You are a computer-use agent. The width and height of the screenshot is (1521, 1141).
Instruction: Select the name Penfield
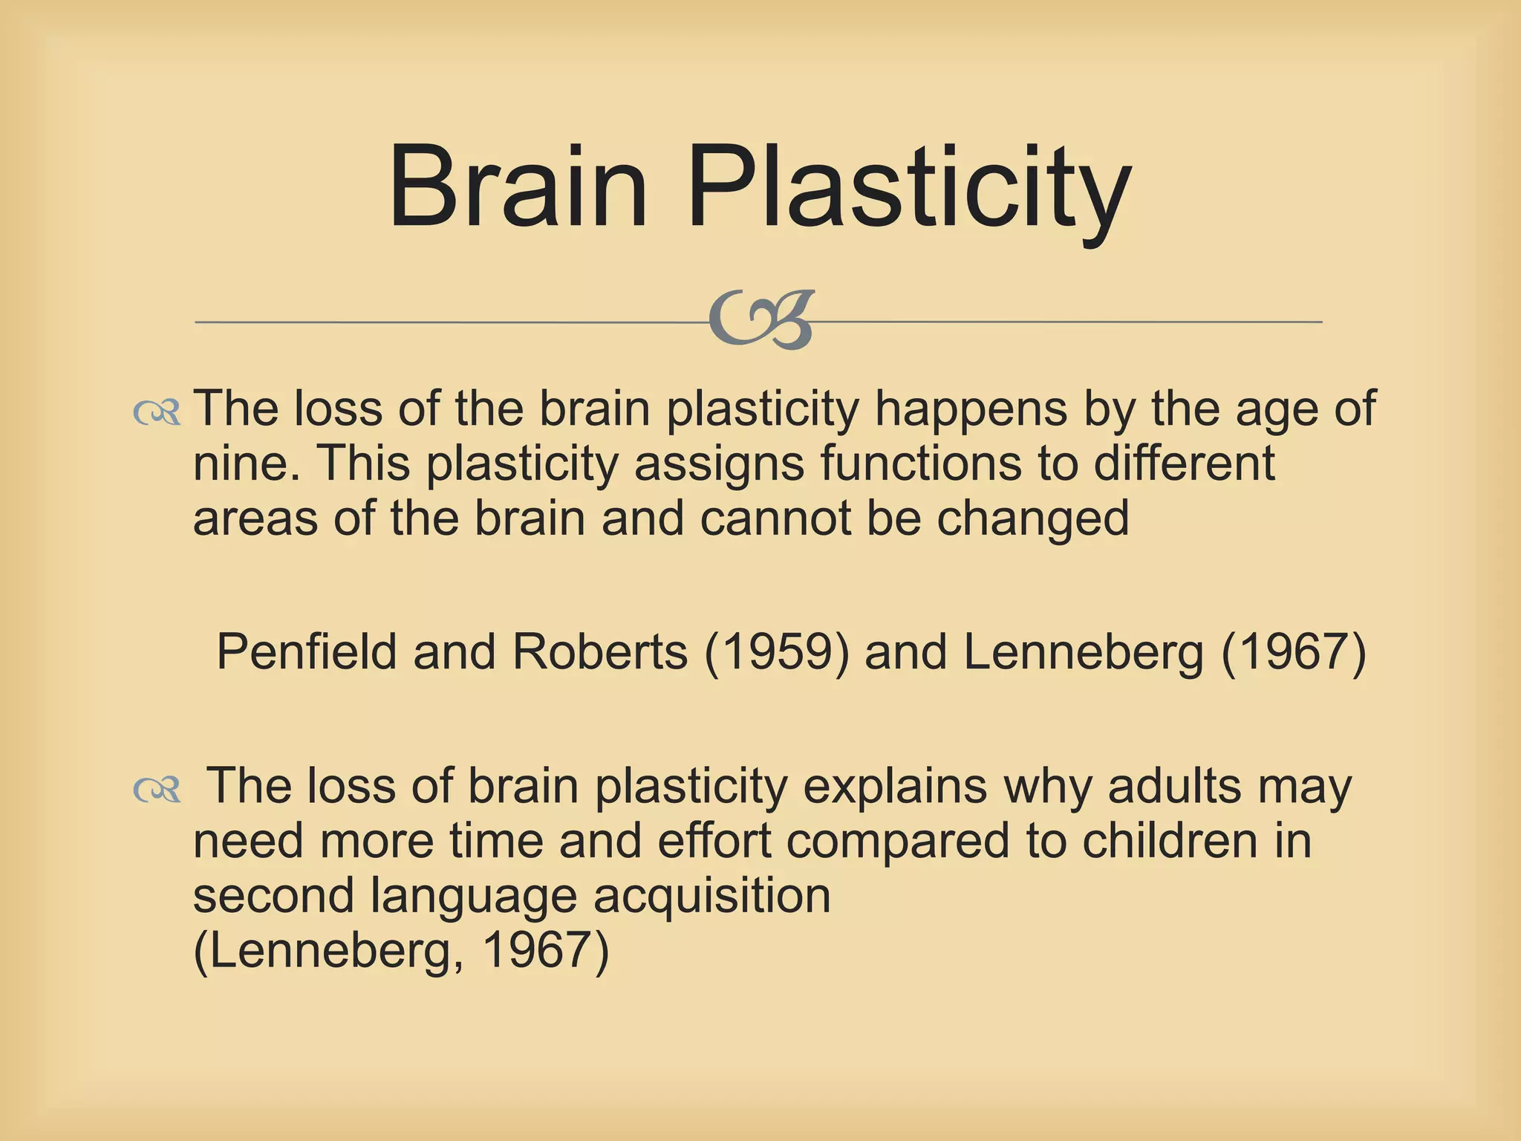click(x=307, y=653)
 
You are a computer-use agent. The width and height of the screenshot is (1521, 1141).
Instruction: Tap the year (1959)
click(x=776, y=653)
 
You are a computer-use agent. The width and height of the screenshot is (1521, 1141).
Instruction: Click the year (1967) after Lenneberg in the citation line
click(x=1293, y=653)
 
